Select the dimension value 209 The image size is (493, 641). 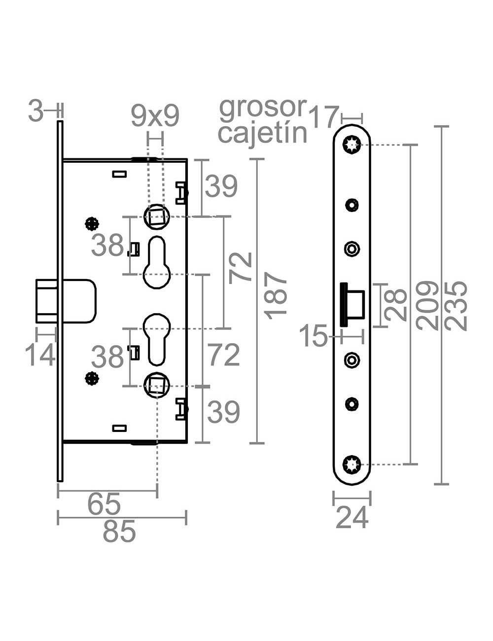pos(427,306)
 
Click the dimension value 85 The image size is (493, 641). pos(119,533)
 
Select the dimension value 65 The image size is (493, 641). pos(104,504)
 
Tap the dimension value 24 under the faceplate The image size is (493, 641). pos(352,518)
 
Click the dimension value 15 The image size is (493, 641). pos(314,337)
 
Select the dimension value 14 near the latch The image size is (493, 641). pos(40,355)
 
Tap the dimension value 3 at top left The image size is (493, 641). pos(36,111)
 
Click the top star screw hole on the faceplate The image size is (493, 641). pos(352,144)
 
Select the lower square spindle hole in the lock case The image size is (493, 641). pos(156,384)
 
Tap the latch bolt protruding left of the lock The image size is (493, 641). pos(47,300)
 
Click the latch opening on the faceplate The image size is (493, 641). pos(353,305)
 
